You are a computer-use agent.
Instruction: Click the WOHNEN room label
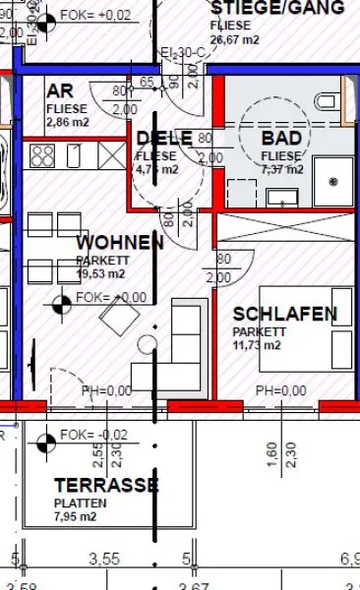120,243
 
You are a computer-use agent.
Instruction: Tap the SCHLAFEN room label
285,315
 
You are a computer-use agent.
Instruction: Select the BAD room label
282,139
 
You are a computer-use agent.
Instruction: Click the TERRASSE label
106,485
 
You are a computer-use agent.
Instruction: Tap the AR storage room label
59,91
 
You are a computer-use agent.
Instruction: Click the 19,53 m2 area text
100,274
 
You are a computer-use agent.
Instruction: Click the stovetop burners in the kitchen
44,154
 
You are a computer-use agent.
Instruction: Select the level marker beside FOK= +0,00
62,300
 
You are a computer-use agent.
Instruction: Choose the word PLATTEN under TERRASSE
81,501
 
